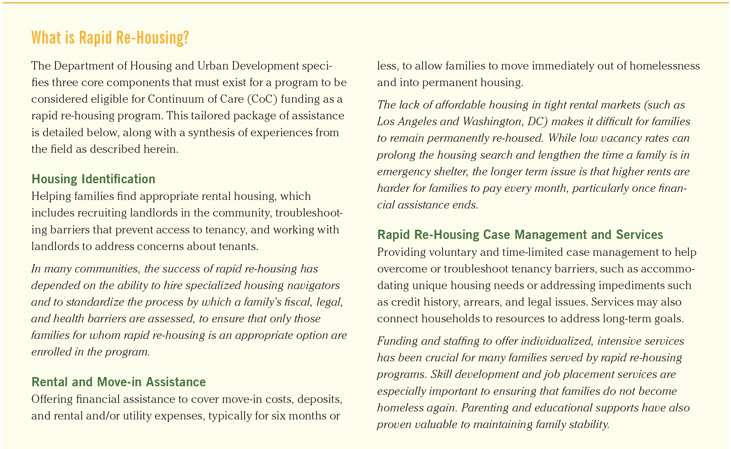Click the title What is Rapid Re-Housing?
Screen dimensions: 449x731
click(x=110, y=38)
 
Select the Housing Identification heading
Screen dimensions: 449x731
click(x=93, y=179)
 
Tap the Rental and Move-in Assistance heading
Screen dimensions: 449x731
click(x=119, y=382)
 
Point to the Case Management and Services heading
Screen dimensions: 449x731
click(x=520, y=235)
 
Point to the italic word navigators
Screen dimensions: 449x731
click(x=313, y=285)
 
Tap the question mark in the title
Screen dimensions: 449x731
click(x=185, y=38)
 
